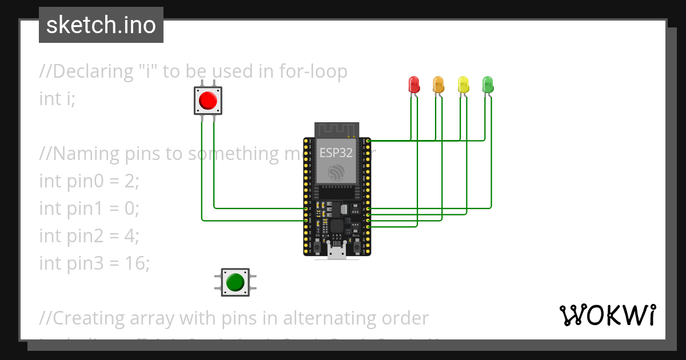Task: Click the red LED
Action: [x=414, y=85]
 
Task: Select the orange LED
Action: [x=438, y=85]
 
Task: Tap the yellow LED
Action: [x=463, y=85]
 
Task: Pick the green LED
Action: [x=488, y=85]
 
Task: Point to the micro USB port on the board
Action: [x=337, y=252]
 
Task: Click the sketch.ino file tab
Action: [x=101, y=25]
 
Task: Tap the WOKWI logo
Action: [x=607, y=315]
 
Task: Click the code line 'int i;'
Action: [x=57, y=98]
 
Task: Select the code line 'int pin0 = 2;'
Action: [x=89, y=181]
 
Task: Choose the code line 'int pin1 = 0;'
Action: [x=89, y=208]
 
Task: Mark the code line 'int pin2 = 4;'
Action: [x=89, y=235]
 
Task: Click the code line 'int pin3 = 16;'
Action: [x=94, y=263]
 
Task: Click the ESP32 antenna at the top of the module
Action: [x=337, y=130]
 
